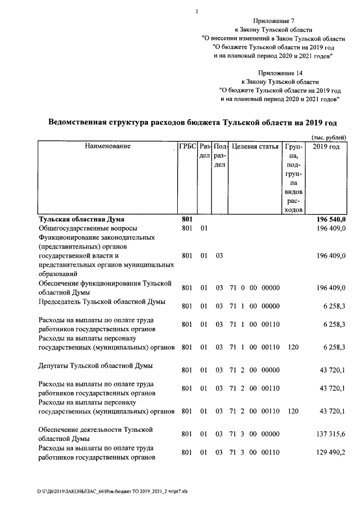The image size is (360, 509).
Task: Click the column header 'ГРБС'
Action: pyautogui.click(x=187, y=147)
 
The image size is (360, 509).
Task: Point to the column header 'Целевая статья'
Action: pyautogui.click(x=256, y=147)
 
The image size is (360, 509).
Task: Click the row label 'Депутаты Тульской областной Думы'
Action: pyautogui.click(x=94, y=367)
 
